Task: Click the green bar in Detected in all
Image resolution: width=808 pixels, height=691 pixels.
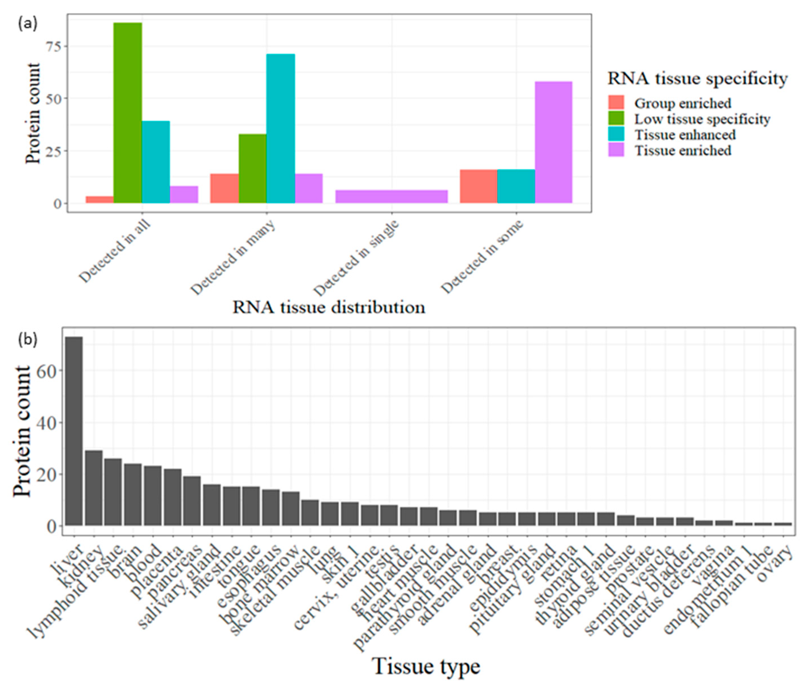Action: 128,113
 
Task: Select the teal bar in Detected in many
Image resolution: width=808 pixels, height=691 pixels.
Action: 280,129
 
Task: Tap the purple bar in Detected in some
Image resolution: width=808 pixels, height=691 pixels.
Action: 553,142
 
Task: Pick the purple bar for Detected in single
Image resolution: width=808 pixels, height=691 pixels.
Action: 391,196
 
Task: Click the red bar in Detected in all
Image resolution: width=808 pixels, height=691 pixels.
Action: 99,200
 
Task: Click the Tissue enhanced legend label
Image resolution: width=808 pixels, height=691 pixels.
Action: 685,135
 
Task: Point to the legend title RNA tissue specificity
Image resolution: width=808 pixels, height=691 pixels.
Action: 697,79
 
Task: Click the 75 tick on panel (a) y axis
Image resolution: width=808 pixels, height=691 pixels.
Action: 54,46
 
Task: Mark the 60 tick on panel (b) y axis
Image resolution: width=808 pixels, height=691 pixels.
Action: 46,371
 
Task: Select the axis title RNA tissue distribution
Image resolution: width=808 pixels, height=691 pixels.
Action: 328,308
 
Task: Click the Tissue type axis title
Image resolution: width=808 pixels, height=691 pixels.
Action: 426,666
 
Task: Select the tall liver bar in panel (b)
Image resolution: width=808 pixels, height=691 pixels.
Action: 74,431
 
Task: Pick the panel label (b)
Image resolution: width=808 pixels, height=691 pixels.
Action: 28,340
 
